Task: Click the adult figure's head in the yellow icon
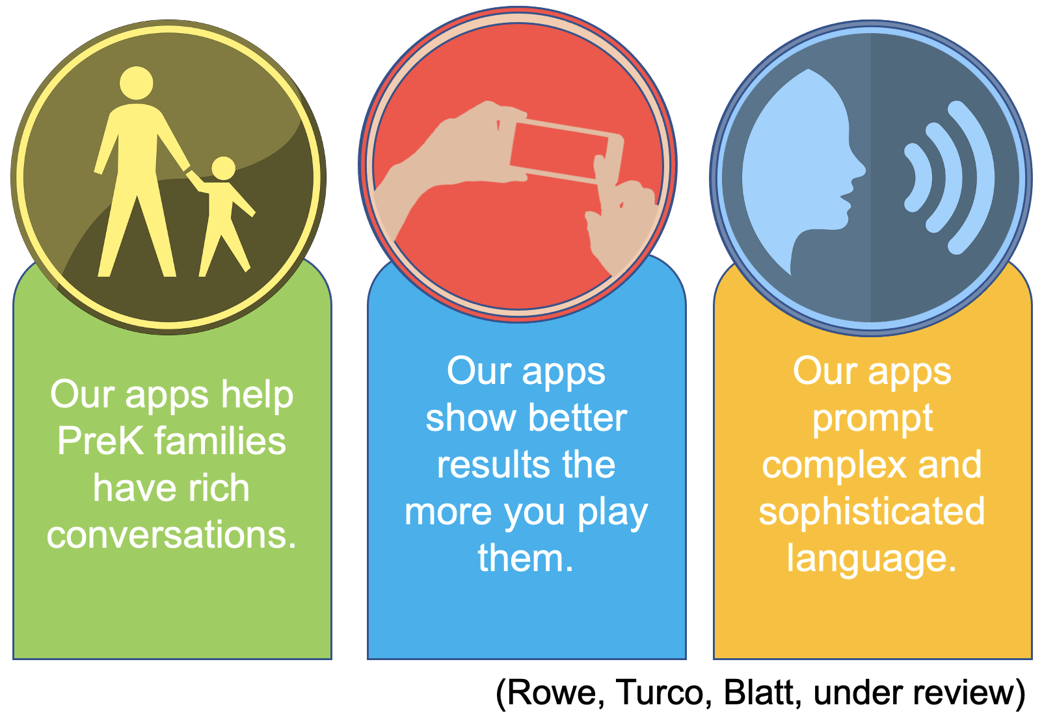137,84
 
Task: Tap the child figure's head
223,168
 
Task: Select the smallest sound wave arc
918,177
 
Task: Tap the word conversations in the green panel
172,535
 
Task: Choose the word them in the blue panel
526,558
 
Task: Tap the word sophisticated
872,511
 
